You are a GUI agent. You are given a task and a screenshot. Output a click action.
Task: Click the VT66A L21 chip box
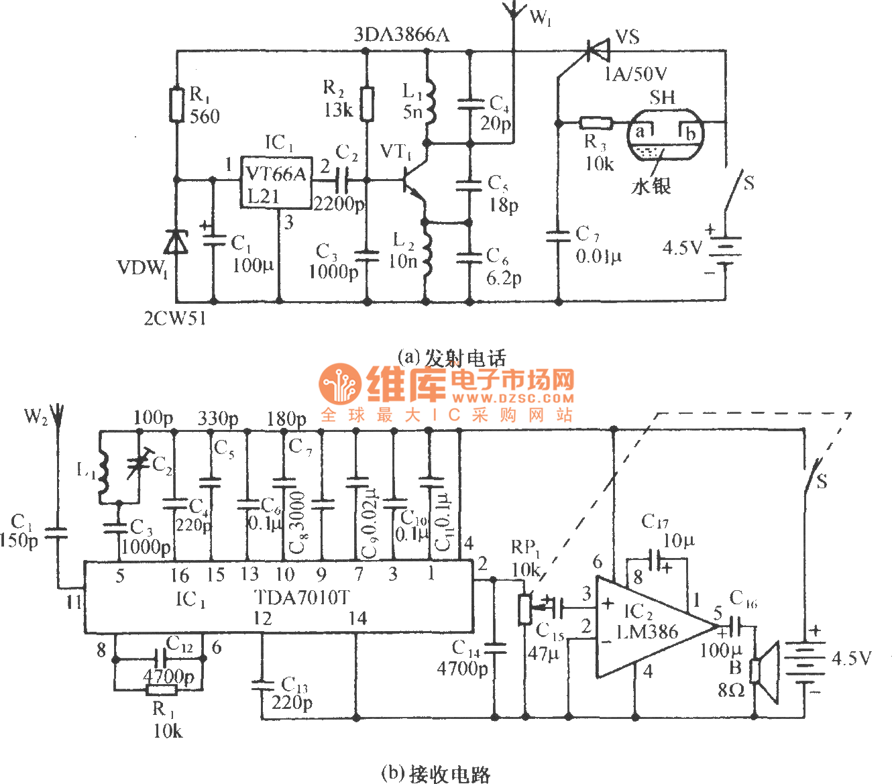[x=276, y=183]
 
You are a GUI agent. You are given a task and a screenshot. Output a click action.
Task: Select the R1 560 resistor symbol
[x=177, y=105]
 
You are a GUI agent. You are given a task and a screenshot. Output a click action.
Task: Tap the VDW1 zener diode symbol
[x=177, y=242]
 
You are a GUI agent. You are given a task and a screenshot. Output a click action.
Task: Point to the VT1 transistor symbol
[x=410, y=180]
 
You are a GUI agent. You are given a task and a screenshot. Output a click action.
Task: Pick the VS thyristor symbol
[x=596, y=50]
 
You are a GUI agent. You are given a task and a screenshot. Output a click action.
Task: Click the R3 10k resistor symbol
[x=596, y=123]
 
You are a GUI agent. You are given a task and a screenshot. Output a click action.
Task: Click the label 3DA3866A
[x=402, y=34]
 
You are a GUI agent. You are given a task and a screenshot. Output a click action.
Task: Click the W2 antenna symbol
[x=57, y=416]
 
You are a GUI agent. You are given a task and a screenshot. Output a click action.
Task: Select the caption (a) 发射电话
[x=451, y=357]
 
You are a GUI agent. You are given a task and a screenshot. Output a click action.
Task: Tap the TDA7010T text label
[x=302, y=597]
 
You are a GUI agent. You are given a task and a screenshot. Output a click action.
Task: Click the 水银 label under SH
[x=651, y=186]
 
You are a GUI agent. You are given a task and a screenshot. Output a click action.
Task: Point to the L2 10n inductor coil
[x=425, y=249]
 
